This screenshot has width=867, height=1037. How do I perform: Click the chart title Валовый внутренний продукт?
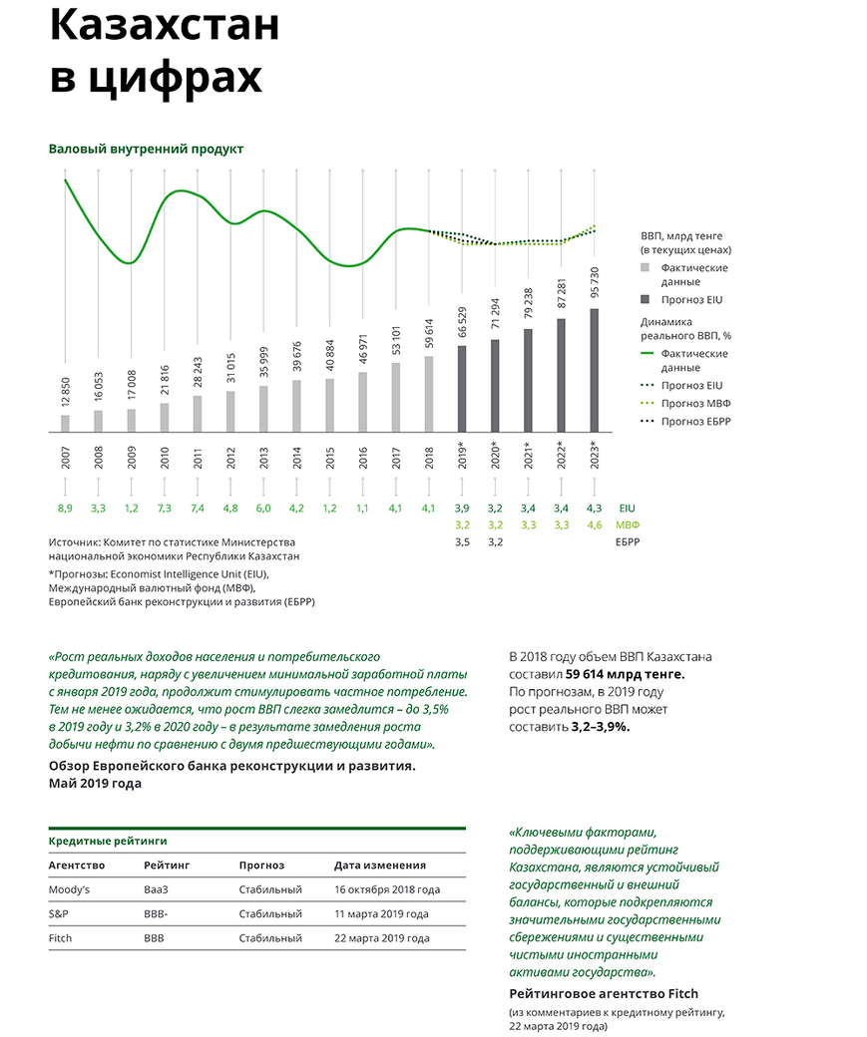[x=146, y=149]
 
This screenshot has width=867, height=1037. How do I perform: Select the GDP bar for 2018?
[x=429, y=394]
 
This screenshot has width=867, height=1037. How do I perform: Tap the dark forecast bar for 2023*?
[x=595, y=370]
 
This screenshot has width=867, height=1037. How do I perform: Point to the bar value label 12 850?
[x=66, y=391]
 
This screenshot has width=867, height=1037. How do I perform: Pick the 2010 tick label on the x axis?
[x=165, y=456]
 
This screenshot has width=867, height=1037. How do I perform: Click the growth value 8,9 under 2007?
[x=65, y=508]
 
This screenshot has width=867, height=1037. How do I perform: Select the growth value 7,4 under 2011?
[x=197, y=508]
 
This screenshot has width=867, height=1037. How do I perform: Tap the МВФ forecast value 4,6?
[x=595, y=524]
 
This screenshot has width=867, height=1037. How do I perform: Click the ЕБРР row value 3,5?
[x=462, y=542]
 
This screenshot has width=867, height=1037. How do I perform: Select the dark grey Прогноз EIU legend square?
[x=646, y=299]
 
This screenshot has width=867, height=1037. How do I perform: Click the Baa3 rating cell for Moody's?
[x=158, y=888]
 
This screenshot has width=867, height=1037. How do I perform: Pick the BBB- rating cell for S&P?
[x=157, y=913]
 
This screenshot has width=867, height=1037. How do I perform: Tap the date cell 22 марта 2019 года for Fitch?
[x=382, y=938]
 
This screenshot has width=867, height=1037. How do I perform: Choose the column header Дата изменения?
[x=380, y=864]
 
